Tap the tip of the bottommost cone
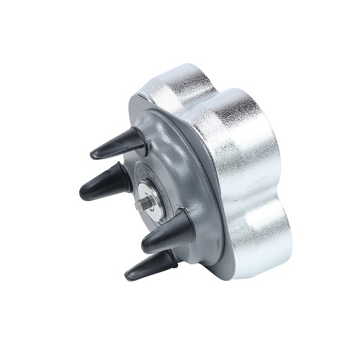coord(127,276)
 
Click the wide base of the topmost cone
coord(137,137)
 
